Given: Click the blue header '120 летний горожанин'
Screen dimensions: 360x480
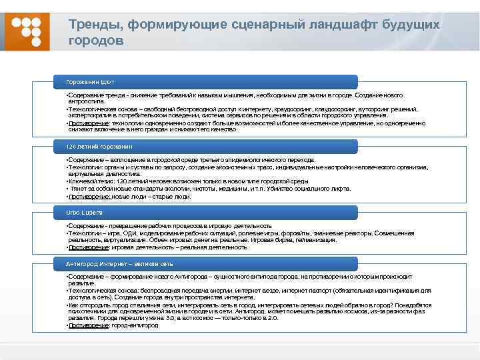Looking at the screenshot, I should pyautogui.click(x=100, y=145).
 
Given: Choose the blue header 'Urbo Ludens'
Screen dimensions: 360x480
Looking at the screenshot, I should pyautogui.click(x=84, y=212).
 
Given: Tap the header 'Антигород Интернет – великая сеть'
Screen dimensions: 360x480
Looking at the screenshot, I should pyautogui.click(x=120, y=264).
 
